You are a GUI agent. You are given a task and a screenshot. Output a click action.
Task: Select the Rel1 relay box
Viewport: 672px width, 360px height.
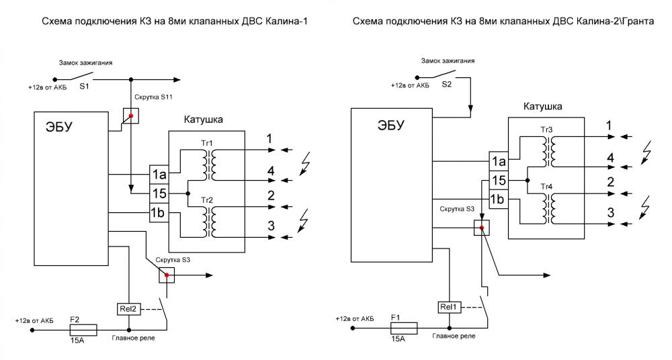(449, 307)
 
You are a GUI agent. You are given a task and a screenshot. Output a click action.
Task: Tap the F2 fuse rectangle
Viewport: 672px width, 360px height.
(83, 329)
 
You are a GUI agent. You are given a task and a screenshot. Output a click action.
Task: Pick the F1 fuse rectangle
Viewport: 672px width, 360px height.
(405, 328)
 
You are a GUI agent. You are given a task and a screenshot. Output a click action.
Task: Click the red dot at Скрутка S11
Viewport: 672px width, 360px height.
(131, 116)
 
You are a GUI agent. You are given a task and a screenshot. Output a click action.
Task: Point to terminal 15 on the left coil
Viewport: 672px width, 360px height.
(160, 194)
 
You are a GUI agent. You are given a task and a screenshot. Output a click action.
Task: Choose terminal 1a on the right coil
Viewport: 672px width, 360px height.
(497, 161)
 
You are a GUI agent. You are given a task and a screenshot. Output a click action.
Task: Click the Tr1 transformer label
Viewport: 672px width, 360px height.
(206, 144)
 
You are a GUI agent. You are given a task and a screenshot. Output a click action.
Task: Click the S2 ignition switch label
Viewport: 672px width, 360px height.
(447, 86)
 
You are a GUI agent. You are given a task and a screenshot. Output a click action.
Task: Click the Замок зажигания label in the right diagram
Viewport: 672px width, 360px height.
(450, 60)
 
